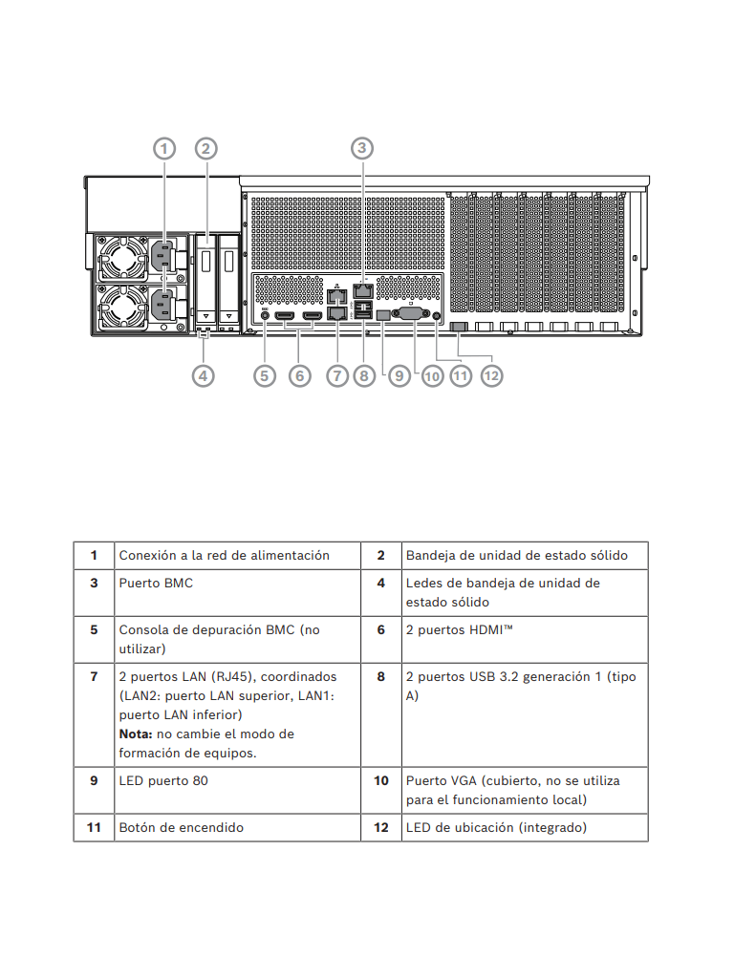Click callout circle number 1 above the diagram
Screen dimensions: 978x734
coord(164,148)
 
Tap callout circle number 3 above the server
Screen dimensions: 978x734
coord(361,148)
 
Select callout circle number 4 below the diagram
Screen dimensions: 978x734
coord(203,375)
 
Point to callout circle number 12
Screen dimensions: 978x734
coord(491,375)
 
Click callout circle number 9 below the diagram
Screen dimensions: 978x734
coord(399,375)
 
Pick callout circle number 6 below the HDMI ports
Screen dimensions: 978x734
coord(299,375)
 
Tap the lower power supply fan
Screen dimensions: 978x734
coord(122,307)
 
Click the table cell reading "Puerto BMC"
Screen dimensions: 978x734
coord(156,583)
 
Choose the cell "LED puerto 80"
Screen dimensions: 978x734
coord(163,780)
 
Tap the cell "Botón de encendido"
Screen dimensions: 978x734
coord(181,827)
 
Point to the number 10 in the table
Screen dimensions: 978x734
coord(380,780)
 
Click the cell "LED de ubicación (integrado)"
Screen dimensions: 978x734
coord(496,827)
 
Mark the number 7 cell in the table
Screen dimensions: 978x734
coord(94,676)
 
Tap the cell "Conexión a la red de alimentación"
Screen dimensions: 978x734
coord(224,555)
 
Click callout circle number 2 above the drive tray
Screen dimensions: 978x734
coord(205,148)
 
